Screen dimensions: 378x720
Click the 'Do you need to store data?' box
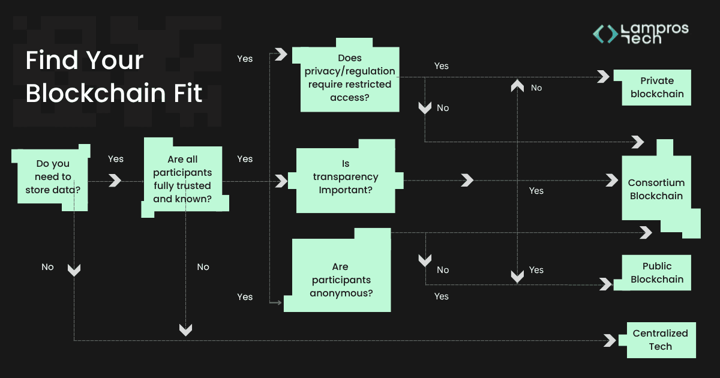pyautogui.click(x=53, y=177)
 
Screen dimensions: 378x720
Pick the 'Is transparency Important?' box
pyautogui.click(x=346, y=177)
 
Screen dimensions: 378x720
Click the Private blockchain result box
pyautogui.click(x=656, y=88)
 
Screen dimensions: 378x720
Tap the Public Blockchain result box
pyautogui.click(x=656, y=273)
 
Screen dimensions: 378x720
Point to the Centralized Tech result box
pyautogui.click(x=660, y=340)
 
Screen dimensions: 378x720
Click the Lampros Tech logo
pyautogui.click(x=640, y=34)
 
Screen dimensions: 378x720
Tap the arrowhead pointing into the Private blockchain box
pyautogui.click(x=603, y=77)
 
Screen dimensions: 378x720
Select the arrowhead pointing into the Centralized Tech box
pyautogui.click(x=610, y=340)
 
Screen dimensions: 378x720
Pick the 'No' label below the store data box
pyautogui.click(x=47, y=267)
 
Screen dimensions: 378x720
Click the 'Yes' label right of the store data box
pyautogui.click(x=116, y=159)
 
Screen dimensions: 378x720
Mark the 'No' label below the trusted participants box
pyautogui.click(x=203, y=267)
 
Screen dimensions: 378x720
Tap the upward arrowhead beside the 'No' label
pyautogui.click(x=517, y=87)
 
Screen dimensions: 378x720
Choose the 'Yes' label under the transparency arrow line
pyautogui.click(x=536, y=191)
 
